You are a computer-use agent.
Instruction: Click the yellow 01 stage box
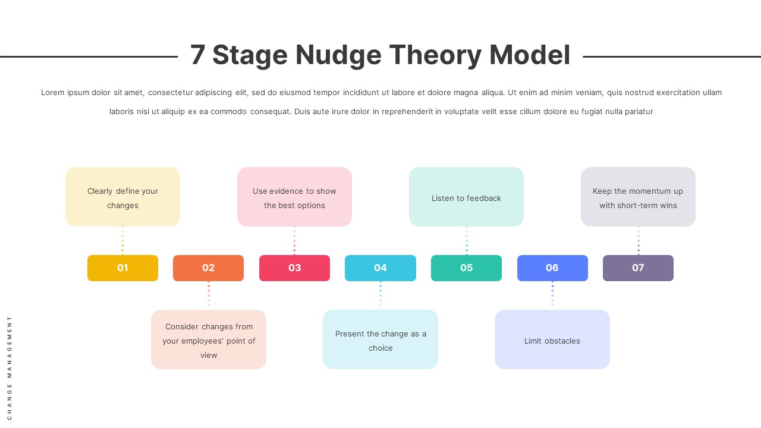pyautogui.click(x=122, y=268)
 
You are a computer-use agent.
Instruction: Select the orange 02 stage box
pyautogui.click(x=208, y=268)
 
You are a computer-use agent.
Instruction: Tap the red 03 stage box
pyautogui.click(x=294, y=268)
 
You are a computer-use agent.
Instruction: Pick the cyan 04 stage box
pyautogui.click(x=380, y=268)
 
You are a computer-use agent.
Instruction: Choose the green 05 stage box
pyautogui.click(x=466, y=268)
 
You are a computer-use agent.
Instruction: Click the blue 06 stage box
pyautogui.click(x=552, y=268)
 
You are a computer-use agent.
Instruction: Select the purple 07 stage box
pyautogui.click(x=638, y=268)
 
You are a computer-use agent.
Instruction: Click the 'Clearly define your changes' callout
pyautogui.click(x=122, y=197)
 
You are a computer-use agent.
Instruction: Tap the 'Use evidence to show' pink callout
pyautogui.click(x=294, y=197)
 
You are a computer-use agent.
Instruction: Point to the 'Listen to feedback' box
pyautogui.click(x=466, y=197)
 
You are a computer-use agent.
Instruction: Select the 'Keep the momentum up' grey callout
pyautogui.click(x=638, y=197)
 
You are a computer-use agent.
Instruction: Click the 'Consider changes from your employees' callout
pyautogui.click(x=209, y=339)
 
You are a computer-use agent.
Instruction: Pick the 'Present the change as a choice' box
pyautogui.click(x=380, y=339)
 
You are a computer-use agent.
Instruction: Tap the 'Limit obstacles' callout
pyautogui.click(x=552, y=339)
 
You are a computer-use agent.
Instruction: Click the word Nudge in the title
pyautogui.click(x=338, y=55)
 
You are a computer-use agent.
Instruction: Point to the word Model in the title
pyautogui.click(x=530, y=55)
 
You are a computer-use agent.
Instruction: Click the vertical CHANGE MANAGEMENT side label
pyautogui.click(x=10, y=367)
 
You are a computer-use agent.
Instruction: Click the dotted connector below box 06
pyautogui.click(x=552, y=295)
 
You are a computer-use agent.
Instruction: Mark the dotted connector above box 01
pyautogui.click(x=122, y=241)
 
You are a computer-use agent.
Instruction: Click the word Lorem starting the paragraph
pyautogui.click(x=52, y=93)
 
